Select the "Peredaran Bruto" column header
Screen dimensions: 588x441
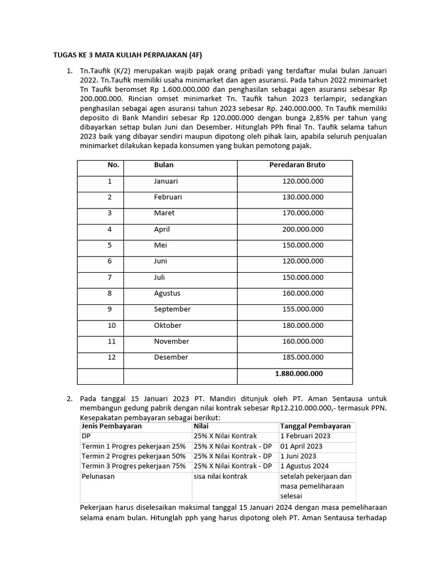coord(297,165)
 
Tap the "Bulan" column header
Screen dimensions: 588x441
coord(164,165)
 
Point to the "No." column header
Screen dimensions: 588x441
coord(113,165)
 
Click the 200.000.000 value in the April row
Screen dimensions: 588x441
coord(303,229)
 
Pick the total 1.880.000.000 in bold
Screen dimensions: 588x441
coord(299,373)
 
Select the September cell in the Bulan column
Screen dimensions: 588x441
coord(172,309)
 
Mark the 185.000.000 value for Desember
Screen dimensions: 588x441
coord(303,357)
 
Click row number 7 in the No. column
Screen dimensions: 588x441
coord(110,277)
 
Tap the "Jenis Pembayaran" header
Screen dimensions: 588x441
coord(112,427)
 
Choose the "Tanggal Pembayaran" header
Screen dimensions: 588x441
coord(315,427)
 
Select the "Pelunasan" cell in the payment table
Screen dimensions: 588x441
coord(98,477)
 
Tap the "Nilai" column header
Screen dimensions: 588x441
coord(201,427)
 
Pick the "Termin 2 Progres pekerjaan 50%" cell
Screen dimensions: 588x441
coord(134,457)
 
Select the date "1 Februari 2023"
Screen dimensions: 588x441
coord(305,436)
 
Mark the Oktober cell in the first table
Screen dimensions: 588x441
coord(167,325)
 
